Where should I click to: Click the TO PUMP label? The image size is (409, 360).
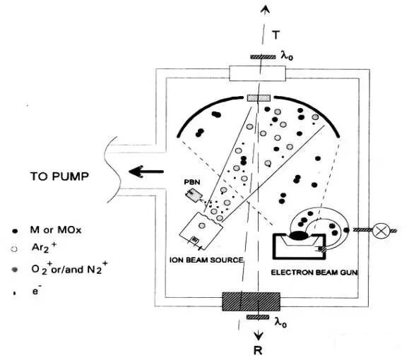point(59,176)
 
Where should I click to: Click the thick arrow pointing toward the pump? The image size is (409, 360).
point(146,172)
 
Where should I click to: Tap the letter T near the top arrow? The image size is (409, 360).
point(275,35)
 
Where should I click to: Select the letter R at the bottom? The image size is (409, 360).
point(258,351)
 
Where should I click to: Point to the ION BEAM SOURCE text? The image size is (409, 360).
point(206,260)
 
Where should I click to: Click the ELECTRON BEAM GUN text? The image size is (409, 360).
point(314,272)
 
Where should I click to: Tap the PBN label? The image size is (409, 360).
point(192,181)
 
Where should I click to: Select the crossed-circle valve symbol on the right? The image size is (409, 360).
point(381,230)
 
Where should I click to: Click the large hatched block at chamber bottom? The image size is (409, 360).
point(251,301)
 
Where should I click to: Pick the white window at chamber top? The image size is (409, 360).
point(257,73)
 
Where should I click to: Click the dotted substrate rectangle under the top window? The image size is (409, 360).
point(259,98)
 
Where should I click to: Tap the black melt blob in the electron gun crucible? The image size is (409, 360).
point(299,236)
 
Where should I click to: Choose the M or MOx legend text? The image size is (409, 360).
point(56,230)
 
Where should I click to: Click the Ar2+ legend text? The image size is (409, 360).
point(44,247)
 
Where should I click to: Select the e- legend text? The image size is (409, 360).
point(37,290)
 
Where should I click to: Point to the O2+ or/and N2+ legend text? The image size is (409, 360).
point(69,268)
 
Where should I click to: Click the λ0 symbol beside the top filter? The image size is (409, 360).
point(287,56)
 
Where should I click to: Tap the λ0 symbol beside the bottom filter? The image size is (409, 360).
point(281,323)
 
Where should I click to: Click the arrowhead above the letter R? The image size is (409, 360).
point(259,336)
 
